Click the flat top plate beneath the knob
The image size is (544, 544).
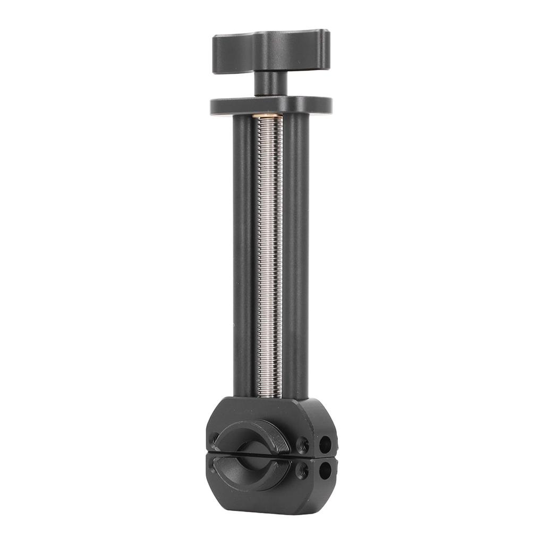[x=271, y=105]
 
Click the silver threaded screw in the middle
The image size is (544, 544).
[x=270, y=255]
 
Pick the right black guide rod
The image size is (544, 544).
[x=296, y=255]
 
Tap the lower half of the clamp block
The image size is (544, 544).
[x=266, y=489]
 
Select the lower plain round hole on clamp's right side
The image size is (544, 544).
[x=325, y=469]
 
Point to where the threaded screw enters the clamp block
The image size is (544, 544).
[x=270, y=397]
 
